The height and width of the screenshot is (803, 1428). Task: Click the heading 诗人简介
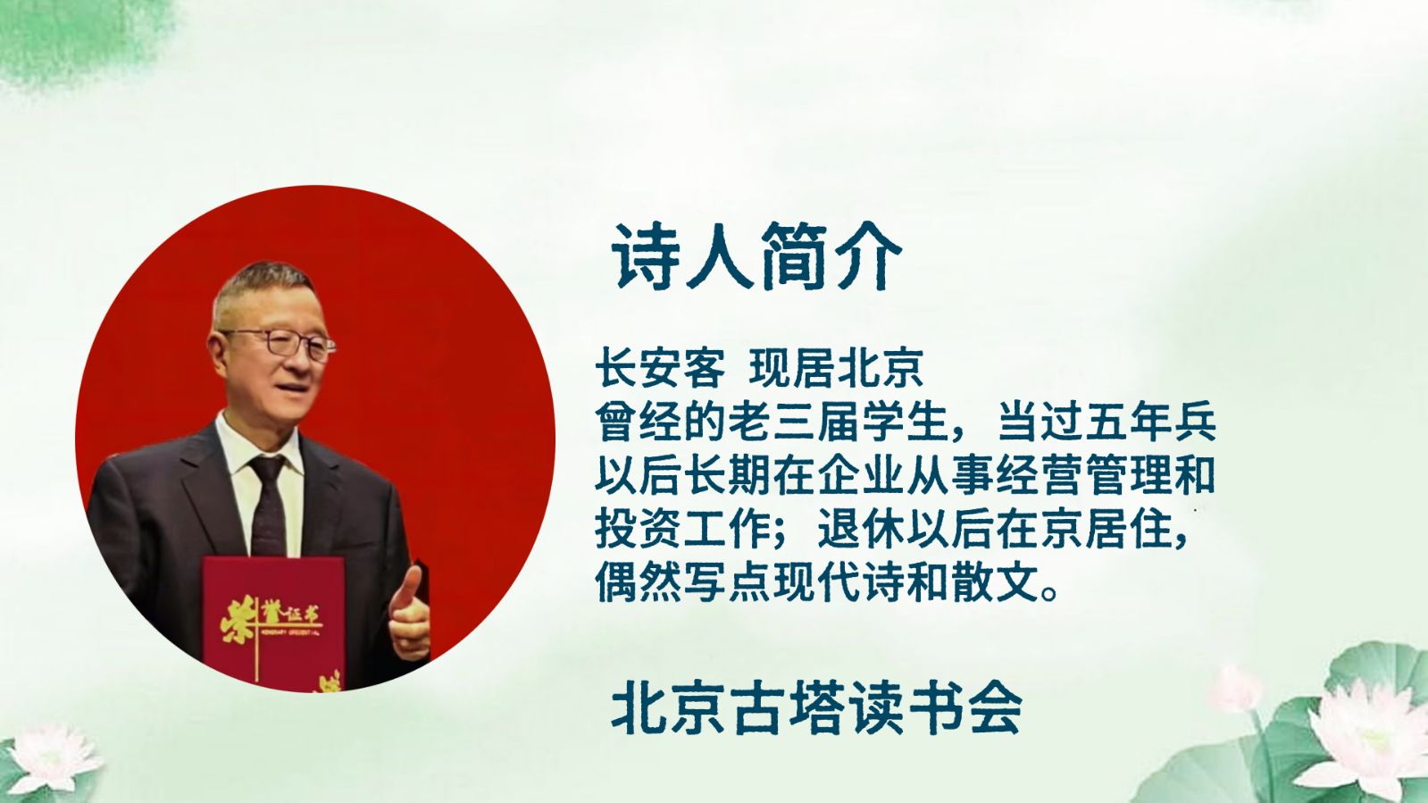point(756,257)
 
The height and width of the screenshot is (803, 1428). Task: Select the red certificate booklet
point(273,622)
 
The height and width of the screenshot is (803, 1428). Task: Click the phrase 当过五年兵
point(1107,422)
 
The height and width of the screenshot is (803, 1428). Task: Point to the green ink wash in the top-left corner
point(77,38)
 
